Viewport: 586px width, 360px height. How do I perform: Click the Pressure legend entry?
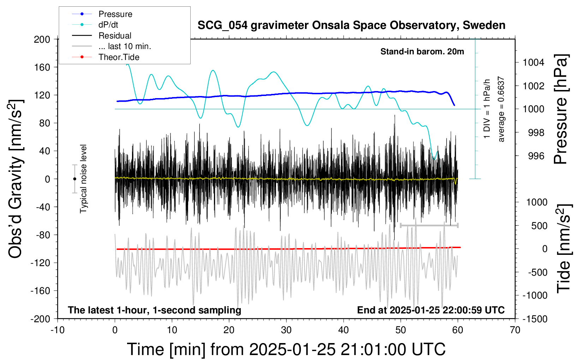click(x=115, y=14)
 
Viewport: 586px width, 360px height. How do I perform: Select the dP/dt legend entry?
click(x=108, y=25)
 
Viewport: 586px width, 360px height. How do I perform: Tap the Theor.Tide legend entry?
click(x=119, y=57)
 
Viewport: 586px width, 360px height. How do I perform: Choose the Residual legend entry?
click(x=115, y=36)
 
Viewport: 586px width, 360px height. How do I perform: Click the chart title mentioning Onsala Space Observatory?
click(x=351, y=25)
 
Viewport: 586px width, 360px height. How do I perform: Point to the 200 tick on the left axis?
click(x=42, y=39)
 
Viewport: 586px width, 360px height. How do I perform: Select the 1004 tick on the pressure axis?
click(x=533, y=62)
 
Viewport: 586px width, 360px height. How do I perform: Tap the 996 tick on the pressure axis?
click(x=536, y=156)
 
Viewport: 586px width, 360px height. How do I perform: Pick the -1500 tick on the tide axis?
click(x=535, y=319)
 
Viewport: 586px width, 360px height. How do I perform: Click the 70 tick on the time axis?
click(x=515, y=330)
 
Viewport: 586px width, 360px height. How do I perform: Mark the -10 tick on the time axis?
click(x=58, y=330)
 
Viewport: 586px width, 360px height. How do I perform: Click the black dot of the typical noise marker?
click(x=74, y=179)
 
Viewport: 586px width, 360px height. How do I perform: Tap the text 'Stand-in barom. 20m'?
click(x=422, y=52)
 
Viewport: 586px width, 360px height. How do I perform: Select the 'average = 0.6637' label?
click(x=501, y=109)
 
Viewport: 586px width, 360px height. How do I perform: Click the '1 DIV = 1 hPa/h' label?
click(x=487, y=109)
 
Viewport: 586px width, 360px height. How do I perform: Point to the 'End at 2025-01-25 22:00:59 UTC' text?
click(x=431, y=310)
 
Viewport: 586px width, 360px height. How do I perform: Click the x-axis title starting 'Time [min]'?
click(x=286, y=349)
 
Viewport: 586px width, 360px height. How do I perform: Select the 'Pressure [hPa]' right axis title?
click(x=561, y=109)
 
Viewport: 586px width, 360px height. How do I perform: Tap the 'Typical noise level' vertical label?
click(x=83, y=179)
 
